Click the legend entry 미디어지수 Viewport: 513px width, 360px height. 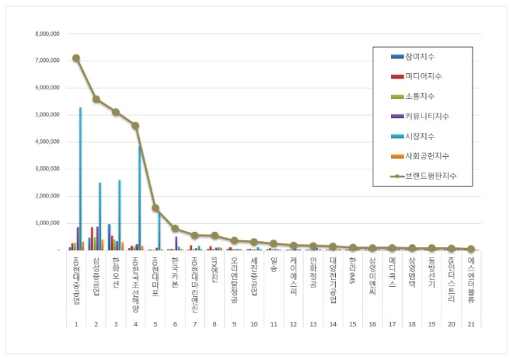[423, 76]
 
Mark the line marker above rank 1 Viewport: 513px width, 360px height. [75, 58]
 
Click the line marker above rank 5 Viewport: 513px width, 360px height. [155, 208]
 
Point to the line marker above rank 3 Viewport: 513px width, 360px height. [116, 112]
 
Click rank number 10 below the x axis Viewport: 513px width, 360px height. [253, 323]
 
